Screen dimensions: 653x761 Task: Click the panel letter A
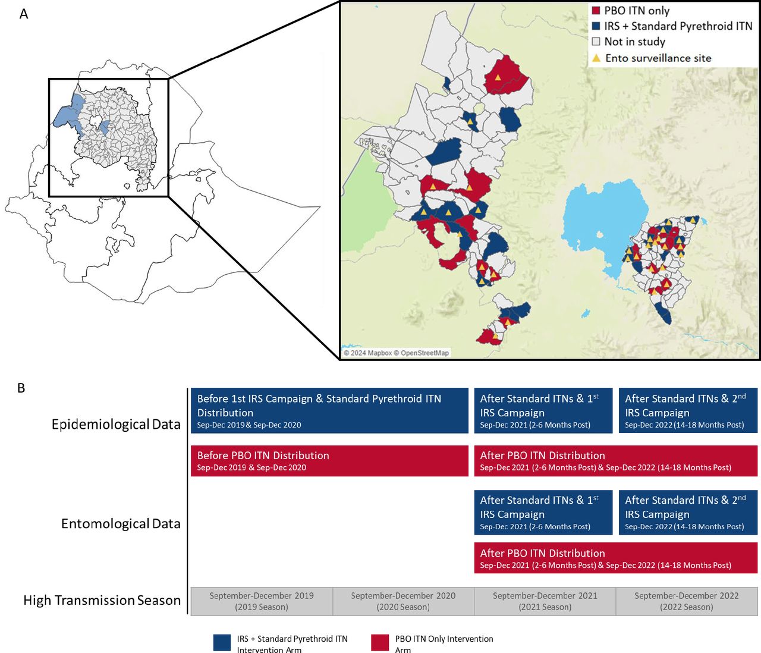pos(24,14)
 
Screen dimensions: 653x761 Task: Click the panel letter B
pos(21,388)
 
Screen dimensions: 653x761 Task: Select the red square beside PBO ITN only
pos(596,11)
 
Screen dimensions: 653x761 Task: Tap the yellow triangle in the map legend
pos(596,58)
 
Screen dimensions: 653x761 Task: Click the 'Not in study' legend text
pos(634,42)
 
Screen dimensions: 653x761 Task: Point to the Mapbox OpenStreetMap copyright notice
pos(397,353)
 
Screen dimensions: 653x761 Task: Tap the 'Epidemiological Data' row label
pos(116,424)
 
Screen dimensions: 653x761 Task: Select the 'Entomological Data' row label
pos(121,523)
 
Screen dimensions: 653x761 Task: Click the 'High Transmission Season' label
pos(102,600)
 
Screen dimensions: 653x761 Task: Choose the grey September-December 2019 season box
pos(262,601)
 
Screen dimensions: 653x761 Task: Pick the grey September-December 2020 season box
pos(403,601)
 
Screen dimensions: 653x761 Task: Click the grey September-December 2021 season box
pos(545,601)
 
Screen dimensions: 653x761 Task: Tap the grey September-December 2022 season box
pos(686,601)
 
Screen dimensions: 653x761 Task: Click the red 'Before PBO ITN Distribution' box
pos(329,461)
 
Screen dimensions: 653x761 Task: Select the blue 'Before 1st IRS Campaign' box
pos(329,411)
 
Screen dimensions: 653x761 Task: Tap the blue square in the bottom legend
pos(222,643)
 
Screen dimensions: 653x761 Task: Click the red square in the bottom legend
pos(380,643)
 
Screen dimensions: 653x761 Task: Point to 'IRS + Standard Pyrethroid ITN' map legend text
pos(678,26)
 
